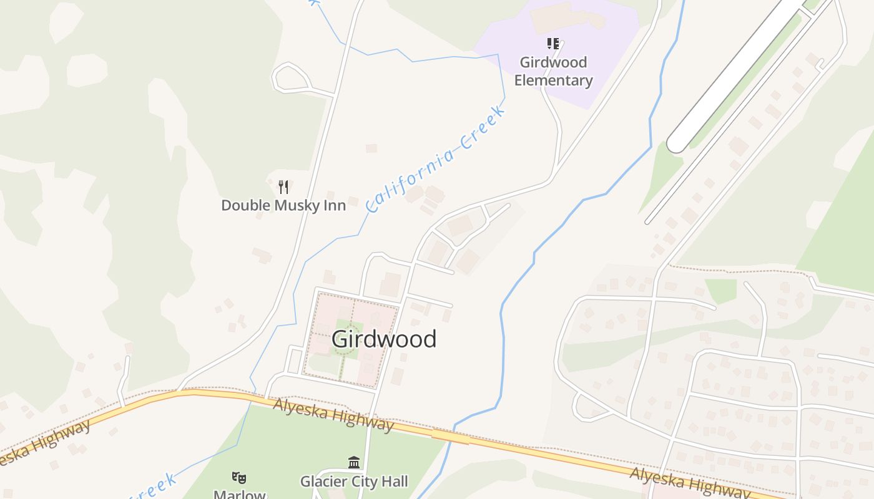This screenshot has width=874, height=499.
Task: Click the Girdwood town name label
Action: (x=383, y=339)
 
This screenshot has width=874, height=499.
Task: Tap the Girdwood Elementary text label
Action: (x=553, y=71)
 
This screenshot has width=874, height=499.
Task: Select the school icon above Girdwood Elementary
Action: (x=552, y=44)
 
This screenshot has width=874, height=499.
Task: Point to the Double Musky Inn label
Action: (x=283, y=205)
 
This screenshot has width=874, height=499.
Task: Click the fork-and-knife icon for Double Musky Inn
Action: (x=283, y=187)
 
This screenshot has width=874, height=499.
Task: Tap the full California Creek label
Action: (x=435, y=159)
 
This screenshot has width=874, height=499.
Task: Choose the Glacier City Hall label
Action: (x=354, y=481)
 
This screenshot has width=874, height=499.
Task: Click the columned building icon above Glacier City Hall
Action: (x=354, y=462)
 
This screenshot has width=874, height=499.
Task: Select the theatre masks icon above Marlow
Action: (x=239, y=478)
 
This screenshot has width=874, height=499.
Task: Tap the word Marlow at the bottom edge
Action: (x=240, y=494)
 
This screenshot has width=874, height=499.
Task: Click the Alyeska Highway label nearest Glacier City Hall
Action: (x=333, y=415)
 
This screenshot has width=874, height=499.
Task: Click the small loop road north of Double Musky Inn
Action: (x=291, y=77)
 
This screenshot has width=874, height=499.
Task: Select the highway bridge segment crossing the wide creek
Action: (x=450, y=437)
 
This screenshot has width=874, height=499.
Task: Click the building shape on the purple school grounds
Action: (x=565, y=17)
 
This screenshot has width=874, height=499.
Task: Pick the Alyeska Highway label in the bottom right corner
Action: (x=690, y=483)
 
